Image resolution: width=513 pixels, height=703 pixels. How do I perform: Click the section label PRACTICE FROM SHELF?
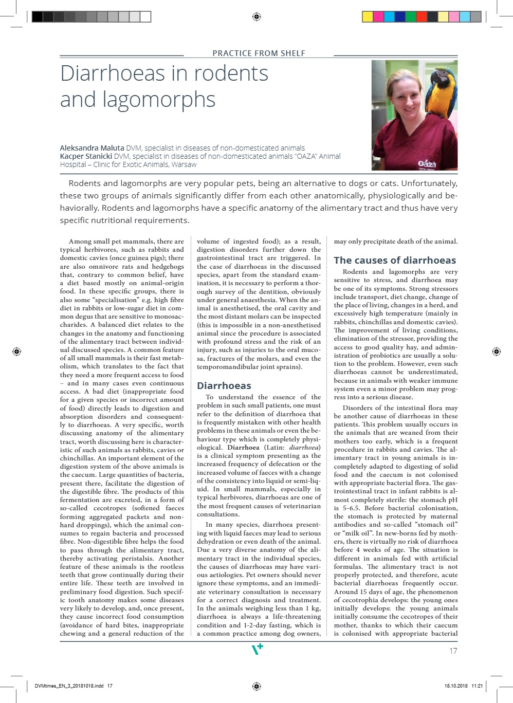tap(259, 53)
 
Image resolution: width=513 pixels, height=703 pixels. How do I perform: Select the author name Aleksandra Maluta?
tap(92, 148)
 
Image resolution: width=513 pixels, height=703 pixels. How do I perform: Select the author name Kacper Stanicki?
tap(86, 156)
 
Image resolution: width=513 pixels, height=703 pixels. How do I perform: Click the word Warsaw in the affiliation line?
tap(184, 164)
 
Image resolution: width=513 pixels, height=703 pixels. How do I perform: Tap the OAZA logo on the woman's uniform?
tap(427, 164)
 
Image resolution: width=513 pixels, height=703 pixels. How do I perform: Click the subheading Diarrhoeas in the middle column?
tap(224, 385)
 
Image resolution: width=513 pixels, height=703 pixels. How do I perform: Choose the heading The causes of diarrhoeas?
tap(395, 260)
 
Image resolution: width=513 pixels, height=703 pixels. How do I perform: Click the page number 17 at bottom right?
tap(453, 651)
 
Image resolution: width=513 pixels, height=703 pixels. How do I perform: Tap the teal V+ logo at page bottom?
tap(257, 650)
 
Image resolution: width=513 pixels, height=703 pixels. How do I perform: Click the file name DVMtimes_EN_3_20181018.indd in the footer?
tap(69, 686)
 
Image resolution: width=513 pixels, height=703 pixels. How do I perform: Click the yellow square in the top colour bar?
tap(368, 17)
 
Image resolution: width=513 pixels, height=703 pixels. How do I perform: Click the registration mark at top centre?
tap(256, 17)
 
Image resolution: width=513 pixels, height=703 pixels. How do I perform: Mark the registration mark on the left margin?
tap(16, 351)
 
